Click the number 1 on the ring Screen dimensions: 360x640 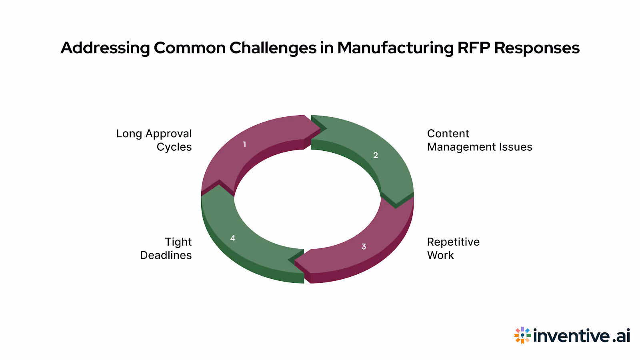pos(244,144)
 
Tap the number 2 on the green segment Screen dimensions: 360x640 pos(376,155)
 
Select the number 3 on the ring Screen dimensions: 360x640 pos(364,246)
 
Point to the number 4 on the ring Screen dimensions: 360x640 pos(233,238)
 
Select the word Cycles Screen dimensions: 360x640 pos(174,147)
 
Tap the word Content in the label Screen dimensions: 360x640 pos(448,134)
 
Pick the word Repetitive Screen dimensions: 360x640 pos(453,242)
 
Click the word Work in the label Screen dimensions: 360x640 pos(440,255)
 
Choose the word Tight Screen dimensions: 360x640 pos(178,242)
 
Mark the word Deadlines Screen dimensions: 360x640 pos(166,255)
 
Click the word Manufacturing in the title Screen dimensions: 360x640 pos(395,48)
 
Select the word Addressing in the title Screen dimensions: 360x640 pos(105,48)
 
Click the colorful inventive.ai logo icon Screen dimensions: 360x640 pos(522,335)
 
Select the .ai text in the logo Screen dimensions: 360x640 pos(621,336)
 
